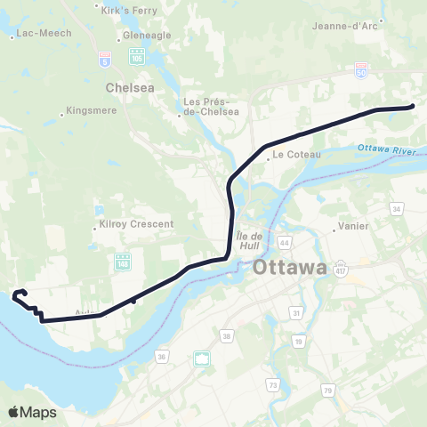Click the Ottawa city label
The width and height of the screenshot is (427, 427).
coord(290,268)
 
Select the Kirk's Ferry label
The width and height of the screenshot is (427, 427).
coord(124,10)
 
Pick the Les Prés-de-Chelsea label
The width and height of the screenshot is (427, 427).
coord(211,107)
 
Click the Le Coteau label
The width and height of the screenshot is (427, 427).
coord(290,154)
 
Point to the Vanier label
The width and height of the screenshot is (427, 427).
coord(354,226)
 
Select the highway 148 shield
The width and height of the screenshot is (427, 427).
coord(122,262)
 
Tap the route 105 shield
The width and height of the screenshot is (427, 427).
coord(136,56)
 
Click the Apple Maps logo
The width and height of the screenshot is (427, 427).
coord(32,412)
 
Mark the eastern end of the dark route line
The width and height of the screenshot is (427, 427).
coord(414,107)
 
